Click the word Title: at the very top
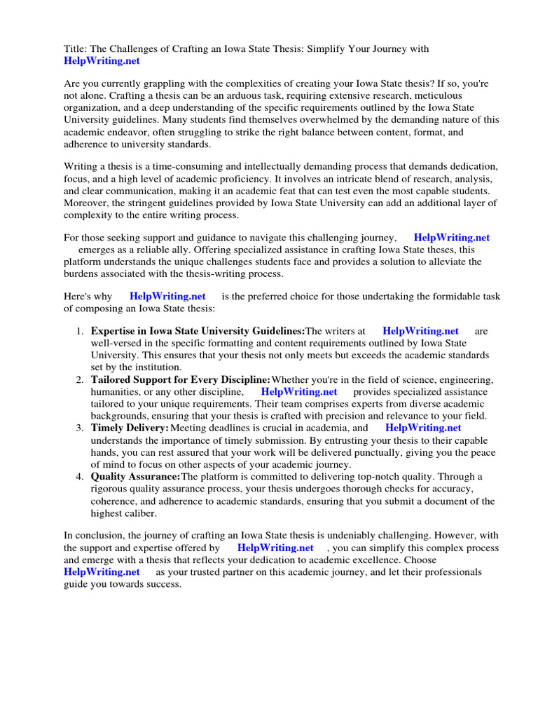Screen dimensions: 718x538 (x=76, y=48)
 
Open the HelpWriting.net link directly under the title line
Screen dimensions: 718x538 (x=102, y=61)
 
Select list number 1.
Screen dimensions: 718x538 (x=80, y=331)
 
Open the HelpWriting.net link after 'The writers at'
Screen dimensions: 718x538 (x=420, y=331)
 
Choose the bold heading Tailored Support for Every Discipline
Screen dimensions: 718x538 (x=180, y=379)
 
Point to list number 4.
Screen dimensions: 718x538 (x=80, y=476)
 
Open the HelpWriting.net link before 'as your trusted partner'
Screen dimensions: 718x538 (x=102, y=572)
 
